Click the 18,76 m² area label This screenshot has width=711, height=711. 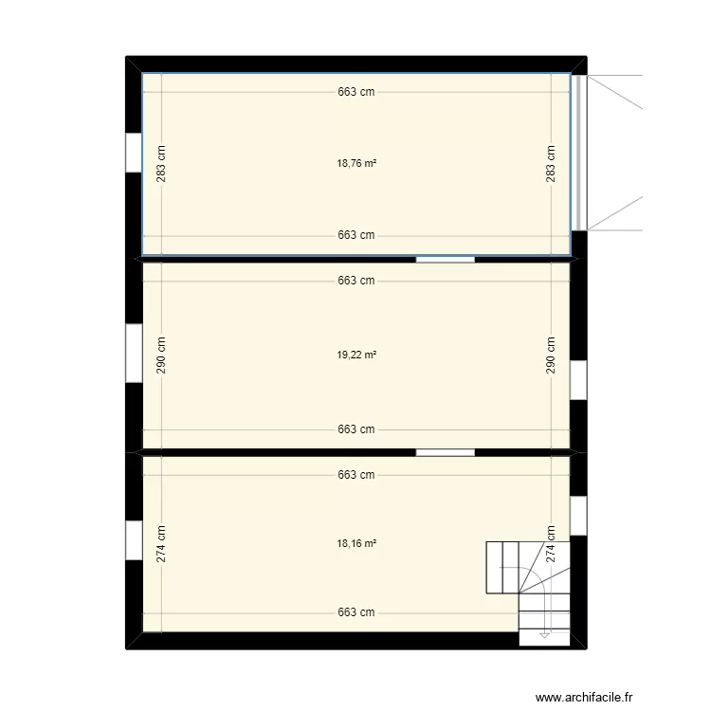[356, 163]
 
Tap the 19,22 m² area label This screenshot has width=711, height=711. [356, 355]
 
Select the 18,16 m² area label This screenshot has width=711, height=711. [356, 543]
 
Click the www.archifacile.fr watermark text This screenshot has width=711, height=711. [584, 697]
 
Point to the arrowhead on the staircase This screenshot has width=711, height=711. [544, 635]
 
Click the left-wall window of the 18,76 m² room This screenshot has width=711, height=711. [134, 153]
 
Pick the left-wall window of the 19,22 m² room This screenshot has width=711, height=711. [134, 354]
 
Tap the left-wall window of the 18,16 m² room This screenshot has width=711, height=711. [134, 540]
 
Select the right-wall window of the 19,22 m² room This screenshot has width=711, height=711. [578, 380]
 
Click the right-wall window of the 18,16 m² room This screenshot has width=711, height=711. [578, 516]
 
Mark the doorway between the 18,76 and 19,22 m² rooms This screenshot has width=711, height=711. [446, 260]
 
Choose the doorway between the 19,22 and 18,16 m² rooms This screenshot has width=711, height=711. [446, 452]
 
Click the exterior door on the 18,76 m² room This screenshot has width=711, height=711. [579, 153]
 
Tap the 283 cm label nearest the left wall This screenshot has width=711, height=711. [161, 164]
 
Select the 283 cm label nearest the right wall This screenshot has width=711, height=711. [551, 164]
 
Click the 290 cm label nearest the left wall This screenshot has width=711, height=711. [161, 355]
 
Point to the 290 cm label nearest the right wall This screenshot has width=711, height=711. [551, 355]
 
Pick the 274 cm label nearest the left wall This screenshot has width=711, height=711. [161, 544]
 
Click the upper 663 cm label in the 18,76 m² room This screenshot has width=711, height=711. [356, 92]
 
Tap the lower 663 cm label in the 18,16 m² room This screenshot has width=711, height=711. [356, 612]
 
